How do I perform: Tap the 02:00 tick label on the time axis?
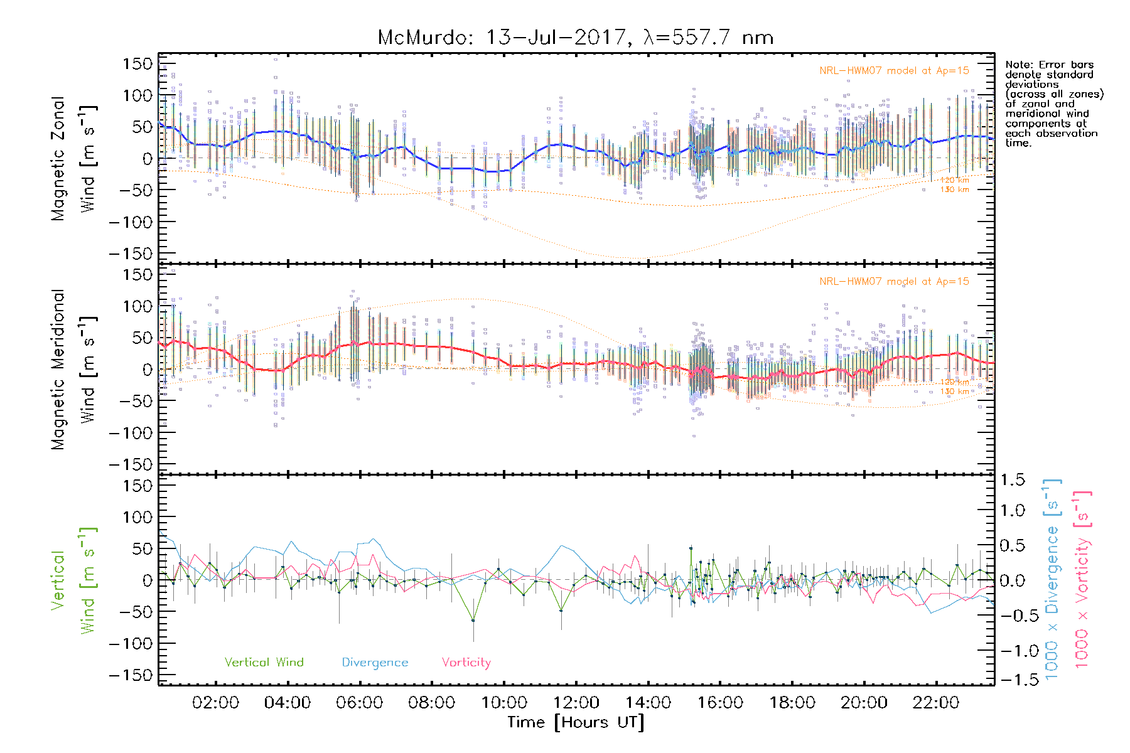click(215, 703)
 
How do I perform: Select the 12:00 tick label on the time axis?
click(576, 703)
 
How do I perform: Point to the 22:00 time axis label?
click(936, 703)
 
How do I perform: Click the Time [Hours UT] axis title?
click(576, 722)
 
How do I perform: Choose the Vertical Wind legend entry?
click(264, 663)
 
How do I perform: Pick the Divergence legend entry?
click(375, 663)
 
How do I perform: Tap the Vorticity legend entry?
click(466, 663)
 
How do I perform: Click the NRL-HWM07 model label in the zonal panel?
click(894, 71)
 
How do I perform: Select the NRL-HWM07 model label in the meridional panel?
click(894, 282)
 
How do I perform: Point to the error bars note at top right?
click(1054, 104)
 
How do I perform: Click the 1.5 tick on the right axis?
click(1012, 481)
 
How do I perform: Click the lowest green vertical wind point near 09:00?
click(473, 621)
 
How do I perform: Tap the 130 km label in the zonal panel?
click(954, 190)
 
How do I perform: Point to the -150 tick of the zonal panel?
click(130, 254)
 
